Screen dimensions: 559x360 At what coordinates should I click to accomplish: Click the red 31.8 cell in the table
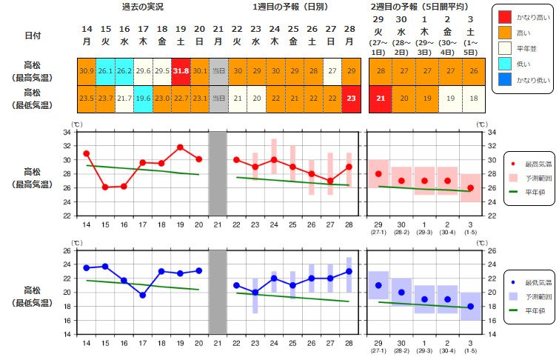pyautogui.click(x=181, y=72)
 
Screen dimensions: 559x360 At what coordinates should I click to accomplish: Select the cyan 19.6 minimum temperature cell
pyautogui.click(x=143, y=99)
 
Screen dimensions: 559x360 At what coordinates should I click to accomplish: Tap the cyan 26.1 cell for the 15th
pyautogui.click(x=106, y=72)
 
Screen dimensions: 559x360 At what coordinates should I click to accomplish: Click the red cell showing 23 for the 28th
pyautogui.click(x=351, y=99)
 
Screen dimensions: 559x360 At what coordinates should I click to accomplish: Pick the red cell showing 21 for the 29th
pyautogui.click(x=381, y=99)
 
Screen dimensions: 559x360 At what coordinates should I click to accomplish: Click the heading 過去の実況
pyautogui.click(x=143, y=7)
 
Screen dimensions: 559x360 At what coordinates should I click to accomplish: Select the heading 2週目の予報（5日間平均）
pyautogui.click(x=420, y=7)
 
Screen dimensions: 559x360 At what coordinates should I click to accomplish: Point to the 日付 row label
pyautogui.click(x=33, y=36)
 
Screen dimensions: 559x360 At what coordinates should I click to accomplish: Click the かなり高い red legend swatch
pyautogui.click(x=505, y=17)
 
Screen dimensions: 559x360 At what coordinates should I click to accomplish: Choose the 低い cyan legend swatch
pyautogui.click(x=505, y=64)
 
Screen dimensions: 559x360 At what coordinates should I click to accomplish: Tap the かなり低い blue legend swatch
pyautogui.click(x=505, y=79)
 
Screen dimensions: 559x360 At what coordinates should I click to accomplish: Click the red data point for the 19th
pyautogui.click(x=180, y=147)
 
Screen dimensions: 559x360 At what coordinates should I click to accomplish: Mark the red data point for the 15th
pyautogui.click(x=105, y=187)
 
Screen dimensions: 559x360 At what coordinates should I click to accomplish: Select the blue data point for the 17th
pyautogui.click(x=143, y=295)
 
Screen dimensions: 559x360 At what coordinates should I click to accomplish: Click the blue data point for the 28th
pyautogui.click(x=349, y=272)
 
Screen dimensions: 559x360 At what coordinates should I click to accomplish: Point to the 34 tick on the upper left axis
pyautogui.click(x=67, y=133)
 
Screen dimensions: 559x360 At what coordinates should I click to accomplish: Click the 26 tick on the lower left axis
pyautogui.click(x=67, y=251)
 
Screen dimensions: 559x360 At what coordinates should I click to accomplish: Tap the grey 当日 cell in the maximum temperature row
pyautogui.click(x=218, y=72)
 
